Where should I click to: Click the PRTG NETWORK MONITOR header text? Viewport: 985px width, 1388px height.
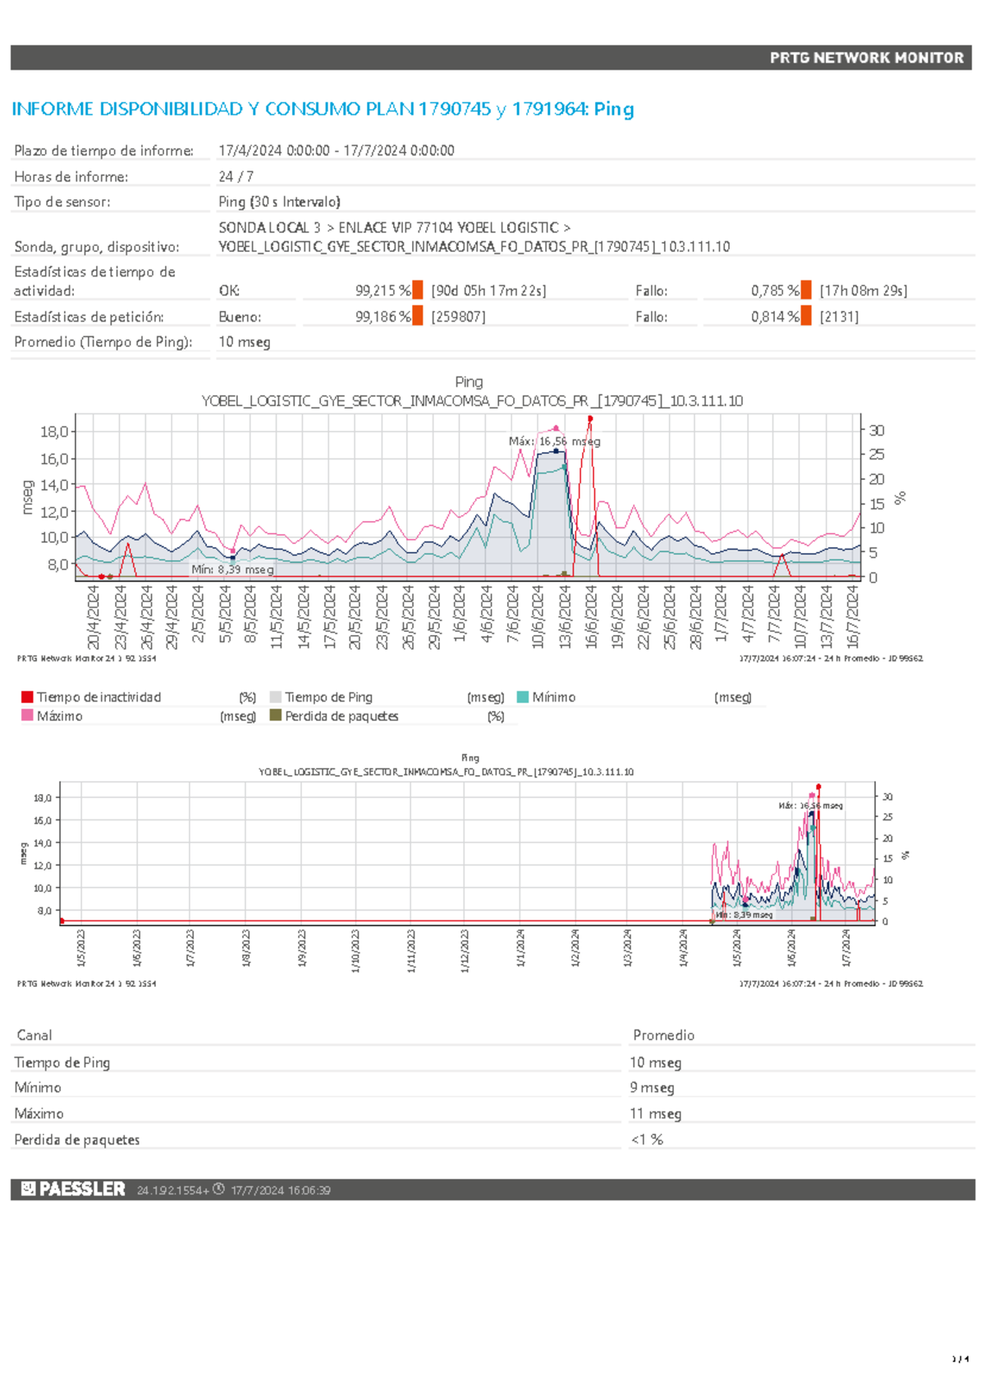coord(866,57)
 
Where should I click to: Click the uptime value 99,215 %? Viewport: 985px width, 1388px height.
coord(383,290)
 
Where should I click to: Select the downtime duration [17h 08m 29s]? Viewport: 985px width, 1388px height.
coord(863,290)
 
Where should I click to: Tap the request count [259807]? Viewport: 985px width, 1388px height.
coord(458,317)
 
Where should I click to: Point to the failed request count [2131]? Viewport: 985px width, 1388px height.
coord(839,317)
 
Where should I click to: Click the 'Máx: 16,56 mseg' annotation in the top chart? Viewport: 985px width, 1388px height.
coord(554,441)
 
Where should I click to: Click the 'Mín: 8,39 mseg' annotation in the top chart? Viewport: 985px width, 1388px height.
coord(232,569)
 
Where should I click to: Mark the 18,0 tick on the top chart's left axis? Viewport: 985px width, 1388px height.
coord(54,431)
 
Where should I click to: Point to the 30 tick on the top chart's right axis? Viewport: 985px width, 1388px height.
coord(877,431)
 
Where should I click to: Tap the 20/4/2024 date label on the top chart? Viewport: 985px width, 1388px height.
coord(94,617)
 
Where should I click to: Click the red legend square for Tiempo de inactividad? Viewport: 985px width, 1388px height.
coord(27,697)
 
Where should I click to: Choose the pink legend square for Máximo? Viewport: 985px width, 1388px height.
coord(27,716)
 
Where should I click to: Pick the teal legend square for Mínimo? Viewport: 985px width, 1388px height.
coord(523,697)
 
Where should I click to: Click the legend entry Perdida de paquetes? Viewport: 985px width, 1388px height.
coord(341,716)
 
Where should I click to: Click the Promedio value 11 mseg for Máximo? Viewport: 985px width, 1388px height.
coord(657,1113)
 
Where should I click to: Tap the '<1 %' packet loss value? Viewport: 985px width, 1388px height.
coord(647,1139)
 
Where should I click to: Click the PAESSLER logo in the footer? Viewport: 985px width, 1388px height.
coord(74,1189)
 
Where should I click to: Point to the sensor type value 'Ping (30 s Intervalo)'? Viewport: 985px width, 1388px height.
coord(279,202)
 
